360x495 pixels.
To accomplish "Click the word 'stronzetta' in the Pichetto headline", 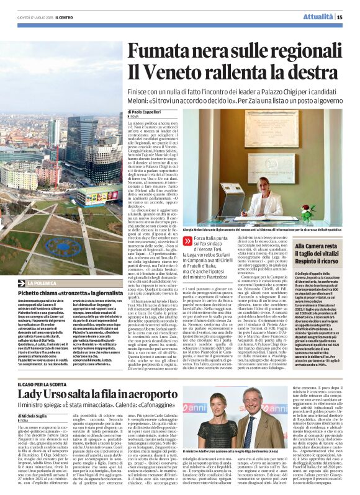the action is (82, 292).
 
